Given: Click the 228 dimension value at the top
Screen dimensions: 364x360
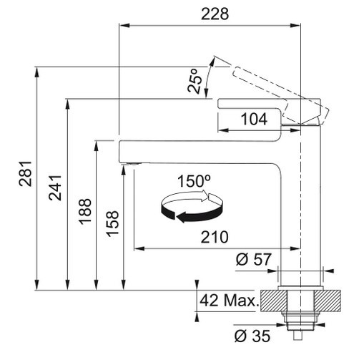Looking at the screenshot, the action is click(215, 14).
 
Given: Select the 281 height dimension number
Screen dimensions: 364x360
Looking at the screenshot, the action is click(25, 173).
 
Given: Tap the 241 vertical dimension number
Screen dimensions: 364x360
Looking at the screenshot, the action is click(55, 188).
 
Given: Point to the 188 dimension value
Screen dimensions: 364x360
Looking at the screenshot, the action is click(85, 211).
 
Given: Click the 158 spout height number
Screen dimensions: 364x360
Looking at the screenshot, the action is click(112, 224).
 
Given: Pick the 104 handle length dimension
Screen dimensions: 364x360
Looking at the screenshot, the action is click(254, 119).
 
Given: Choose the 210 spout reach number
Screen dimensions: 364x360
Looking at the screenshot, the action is click(215, 237).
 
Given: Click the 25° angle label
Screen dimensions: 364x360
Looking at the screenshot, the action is click(194, 81).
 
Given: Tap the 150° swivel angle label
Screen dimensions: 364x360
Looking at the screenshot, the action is click(194, 181).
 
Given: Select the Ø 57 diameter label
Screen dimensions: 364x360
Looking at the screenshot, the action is click(254, 259).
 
